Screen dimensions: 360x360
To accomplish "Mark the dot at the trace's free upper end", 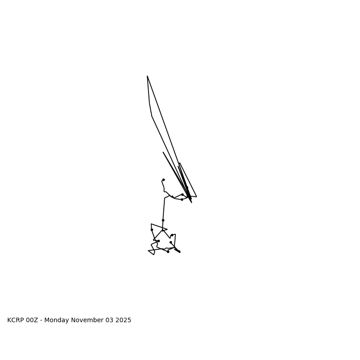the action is coord(163,180).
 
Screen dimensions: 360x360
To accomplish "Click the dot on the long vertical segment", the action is coord(163,220).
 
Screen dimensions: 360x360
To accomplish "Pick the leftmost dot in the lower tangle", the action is coord(152,229).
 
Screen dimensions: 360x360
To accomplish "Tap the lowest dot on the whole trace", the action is coord(168,252).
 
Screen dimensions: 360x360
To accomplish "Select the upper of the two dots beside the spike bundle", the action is coord(182,194).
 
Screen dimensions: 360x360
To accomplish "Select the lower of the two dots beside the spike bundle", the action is coord(182,199).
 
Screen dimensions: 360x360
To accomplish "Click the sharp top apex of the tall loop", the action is coord(147,76).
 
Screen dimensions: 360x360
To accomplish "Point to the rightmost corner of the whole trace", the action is coord(197,197).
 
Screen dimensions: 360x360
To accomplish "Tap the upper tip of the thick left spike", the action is coord(163,153).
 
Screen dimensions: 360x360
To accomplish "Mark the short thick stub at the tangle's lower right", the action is coord(177,250).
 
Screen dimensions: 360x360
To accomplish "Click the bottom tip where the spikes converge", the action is coord(191,202).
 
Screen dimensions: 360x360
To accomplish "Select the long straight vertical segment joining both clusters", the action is coord(164,209).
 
